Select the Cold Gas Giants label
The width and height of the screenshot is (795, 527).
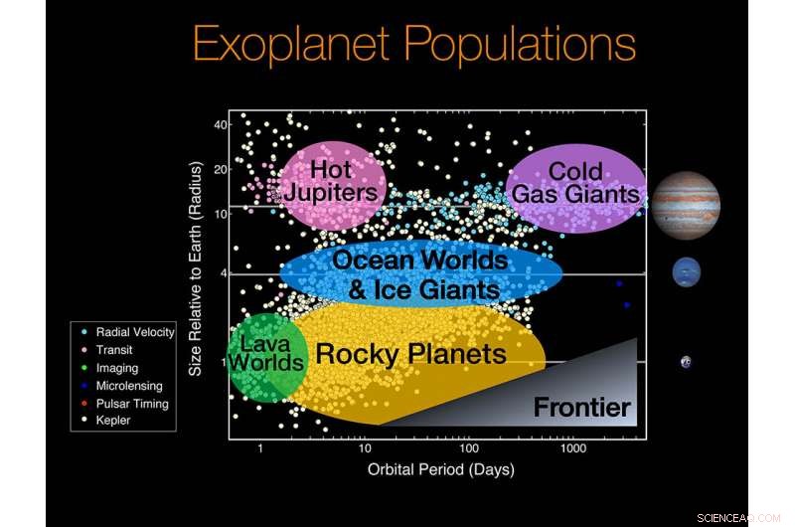coord(575,183)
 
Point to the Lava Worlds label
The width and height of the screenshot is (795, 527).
coord(264,353)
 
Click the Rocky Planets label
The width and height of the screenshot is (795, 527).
coord(410,354)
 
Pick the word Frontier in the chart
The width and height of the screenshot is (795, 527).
coord(581,407)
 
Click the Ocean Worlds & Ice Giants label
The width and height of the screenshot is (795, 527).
coord(419,275)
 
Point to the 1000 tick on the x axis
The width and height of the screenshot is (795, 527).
coord(572,449)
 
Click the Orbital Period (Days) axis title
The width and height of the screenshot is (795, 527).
coord(440,469)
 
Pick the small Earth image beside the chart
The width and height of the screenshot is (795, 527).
coord(686,362)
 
